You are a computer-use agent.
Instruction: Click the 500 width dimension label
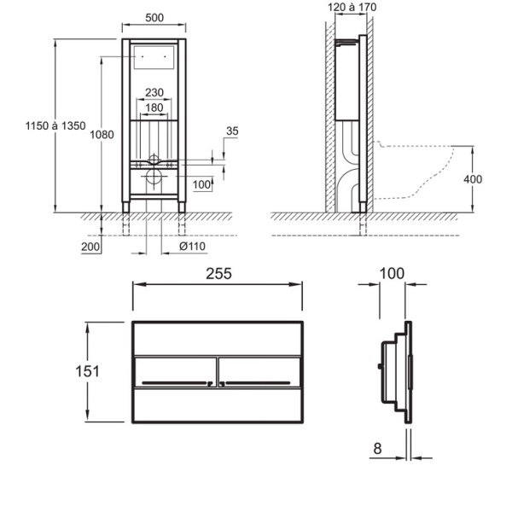154,18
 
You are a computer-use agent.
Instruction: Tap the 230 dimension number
154,92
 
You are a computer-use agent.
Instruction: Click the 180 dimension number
154,108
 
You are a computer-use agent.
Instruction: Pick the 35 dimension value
233,131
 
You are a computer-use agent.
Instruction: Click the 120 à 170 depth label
351,8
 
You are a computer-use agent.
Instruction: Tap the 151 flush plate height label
87,371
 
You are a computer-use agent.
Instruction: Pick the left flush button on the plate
175,372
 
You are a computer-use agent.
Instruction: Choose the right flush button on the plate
259,372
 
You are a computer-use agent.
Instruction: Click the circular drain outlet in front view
154,178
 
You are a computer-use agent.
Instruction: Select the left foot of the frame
127,206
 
